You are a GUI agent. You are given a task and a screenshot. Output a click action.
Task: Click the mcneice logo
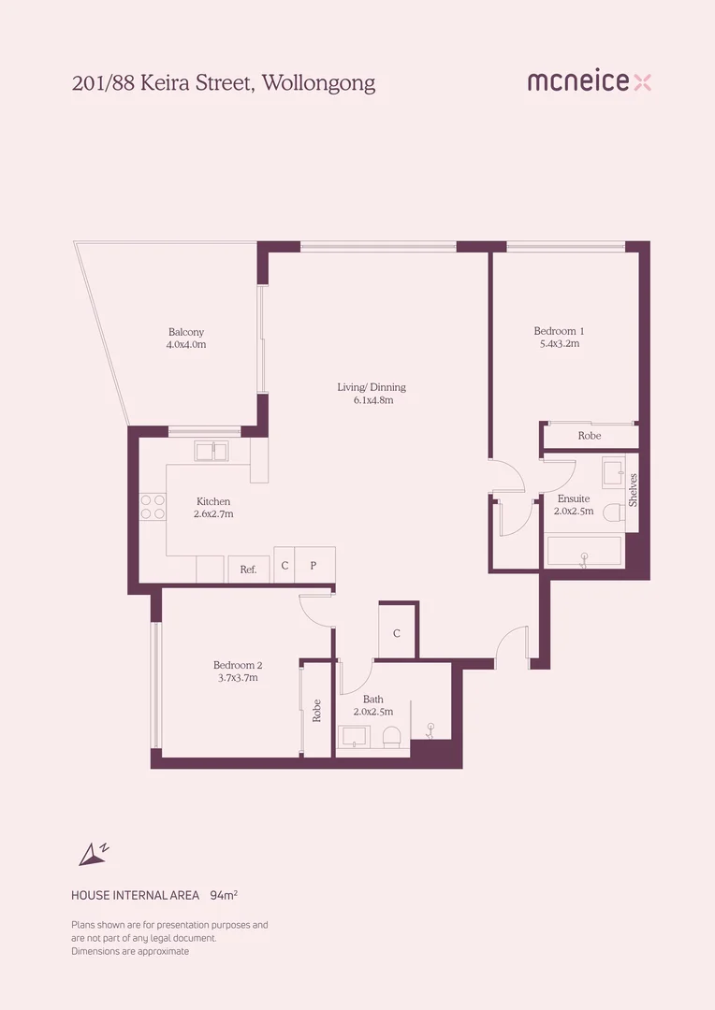coord(590,81)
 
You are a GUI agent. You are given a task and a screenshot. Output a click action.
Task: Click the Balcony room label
coord(186,332)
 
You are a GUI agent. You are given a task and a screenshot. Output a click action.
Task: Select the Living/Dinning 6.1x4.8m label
coord(372,394)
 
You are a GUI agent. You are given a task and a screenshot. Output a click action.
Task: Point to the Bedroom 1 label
coord(559,331)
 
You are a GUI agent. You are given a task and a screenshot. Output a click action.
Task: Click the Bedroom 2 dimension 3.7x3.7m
coord(238,678)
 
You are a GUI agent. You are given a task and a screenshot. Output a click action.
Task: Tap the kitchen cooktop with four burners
coord(153,506)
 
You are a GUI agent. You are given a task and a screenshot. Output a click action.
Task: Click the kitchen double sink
coord(212,451)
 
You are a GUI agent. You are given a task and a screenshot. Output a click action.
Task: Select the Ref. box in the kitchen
coord(249,570)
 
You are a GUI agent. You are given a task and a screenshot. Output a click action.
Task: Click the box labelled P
coord(314,565)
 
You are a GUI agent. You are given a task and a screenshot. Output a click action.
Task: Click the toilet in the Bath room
coord(392,737)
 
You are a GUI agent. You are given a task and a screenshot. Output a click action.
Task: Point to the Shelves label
coord(633,490)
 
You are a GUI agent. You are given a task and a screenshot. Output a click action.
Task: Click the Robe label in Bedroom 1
coord(590,436)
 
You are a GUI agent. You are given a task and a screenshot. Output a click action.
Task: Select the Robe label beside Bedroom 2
coord(316,711)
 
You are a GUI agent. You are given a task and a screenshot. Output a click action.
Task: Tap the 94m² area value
coord(224,895)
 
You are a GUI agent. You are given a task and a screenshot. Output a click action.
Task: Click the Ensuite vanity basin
coord(613,470)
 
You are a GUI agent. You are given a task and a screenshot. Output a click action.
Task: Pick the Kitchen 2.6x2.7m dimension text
coord(213,514)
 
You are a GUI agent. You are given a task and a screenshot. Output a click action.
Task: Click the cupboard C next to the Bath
coord(397,632)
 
